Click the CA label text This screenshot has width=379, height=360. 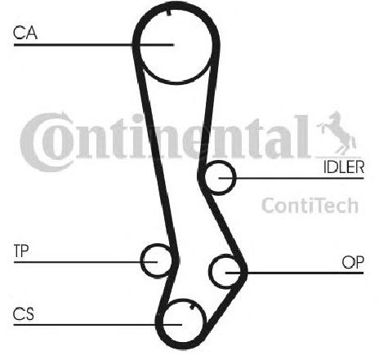pos(25,33)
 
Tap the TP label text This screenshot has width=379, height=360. pos(21,251)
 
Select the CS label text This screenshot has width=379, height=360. pos(24,313)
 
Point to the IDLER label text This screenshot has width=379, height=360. pos(344,167)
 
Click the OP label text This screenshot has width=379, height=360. pos(353,262)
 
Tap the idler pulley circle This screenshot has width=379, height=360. pos(220,162)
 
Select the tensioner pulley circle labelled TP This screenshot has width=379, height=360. pos(156,245)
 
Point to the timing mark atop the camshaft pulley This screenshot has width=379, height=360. pos(169,12)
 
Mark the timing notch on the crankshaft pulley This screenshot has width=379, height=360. pos(192,307)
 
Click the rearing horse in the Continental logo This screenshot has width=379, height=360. pos(337,133)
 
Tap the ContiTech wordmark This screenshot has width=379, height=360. pos(310,206)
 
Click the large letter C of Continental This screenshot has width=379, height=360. pos(47,142)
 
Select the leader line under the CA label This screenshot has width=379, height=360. pos(94,45)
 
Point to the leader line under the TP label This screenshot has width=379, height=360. pos(86,262)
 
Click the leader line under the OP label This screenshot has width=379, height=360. pos(295,273)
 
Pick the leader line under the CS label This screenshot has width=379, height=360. pos(97,324)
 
